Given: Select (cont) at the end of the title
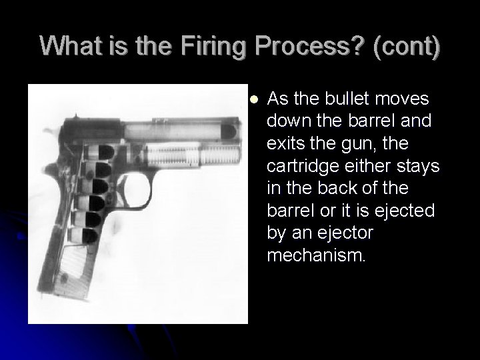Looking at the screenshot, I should click(407, 47).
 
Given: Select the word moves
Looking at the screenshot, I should click(407, 99).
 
